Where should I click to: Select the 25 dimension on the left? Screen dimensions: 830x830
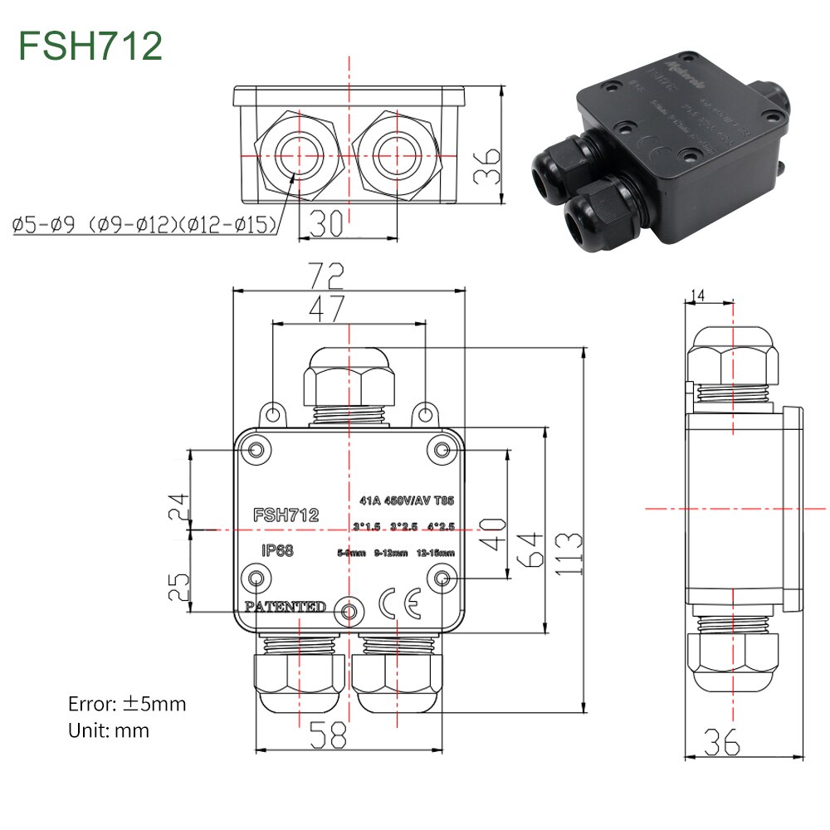(177, 586)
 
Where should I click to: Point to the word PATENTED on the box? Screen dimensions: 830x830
(285, 607)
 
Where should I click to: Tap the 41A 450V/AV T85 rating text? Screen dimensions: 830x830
(407, 501)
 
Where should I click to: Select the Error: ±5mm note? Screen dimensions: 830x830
(127, 705)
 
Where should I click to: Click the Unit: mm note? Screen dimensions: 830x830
(109, 730)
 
